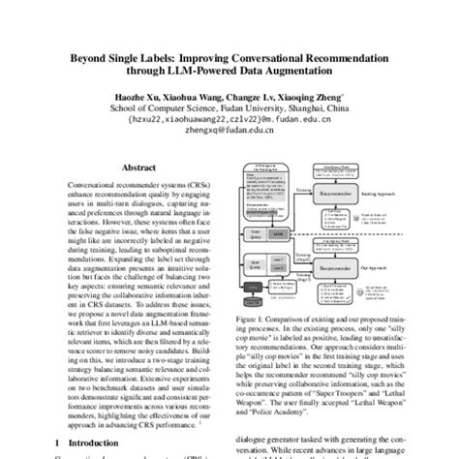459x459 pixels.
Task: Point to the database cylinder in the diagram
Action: pos(253,302)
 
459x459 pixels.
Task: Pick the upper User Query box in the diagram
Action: pos(255,232)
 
